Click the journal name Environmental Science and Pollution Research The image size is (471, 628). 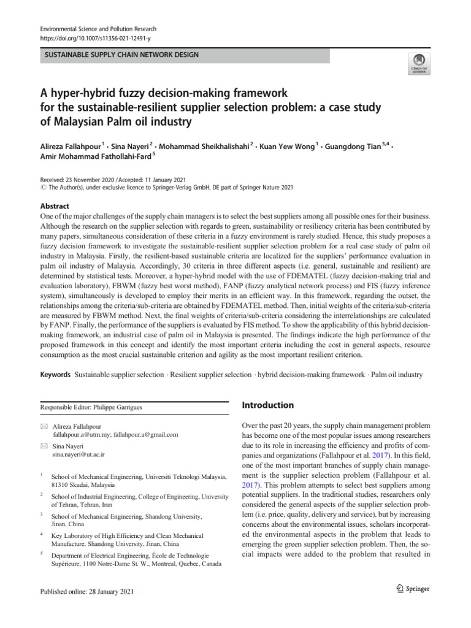[x=98, y=29]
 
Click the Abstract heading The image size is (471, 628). [x=55, y=207]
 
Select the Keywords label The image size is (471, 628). [x=55, y=374]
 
